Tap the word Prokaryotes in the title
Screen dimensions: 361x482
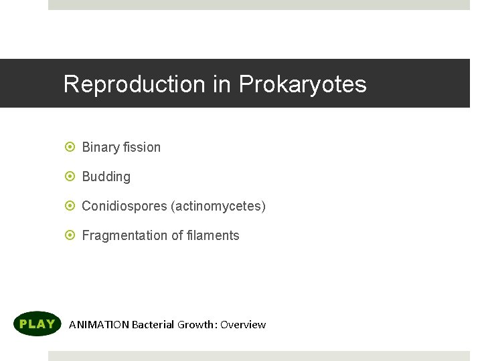(x=303, y=84)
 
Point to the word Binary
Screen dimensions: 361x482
(x=100, y=147)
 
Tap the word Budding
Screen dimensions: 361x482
(x=106, y=176)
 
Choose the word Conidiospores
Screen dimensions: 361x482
(x=125, y=206)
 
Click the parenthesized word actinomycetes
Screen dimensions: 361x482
(x=218, y=206)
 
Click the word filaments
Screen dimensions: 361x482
(x=214, y=235)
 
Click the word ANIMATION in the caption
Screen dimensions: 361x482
(x=99, y=325)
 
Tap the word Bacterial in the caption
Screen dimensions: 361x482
(x=153, y=325)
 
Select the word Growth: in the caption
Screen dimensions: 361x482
(x=197, y=325)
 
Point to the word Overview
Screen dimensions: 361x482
(x=243, y=325)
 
